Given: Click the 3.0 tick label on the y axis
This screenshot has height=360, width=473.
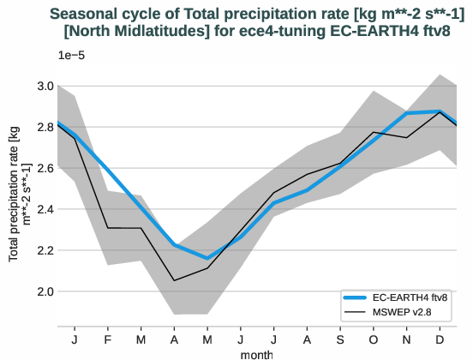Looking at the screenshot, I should (x=45, y=86).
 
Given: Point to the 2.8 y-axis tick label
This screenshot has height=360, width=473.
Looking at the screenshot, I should (x=45, y=127).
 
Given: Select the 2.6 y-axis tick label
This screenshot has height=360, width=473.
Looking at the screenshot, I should (x=45, y=168).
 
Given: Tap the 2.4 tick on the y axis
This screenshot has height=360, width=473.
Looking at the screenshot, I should (x=45, y=209).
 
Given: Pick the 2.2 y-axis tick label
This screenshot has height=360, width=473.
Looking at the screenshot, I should (x=45, y=250).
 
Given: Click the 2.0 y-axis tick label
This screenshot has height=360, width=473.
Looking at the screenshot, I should (x=45, y=291).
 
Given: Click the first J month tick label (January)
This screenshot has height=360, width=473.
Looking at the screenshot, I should (x=75, y=339).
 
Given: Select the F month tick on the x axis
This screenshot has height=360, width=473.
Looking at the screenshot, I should (x=108, y=339).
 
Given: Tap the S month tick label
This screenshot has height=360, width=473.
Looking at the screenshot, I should (x=339, y=339).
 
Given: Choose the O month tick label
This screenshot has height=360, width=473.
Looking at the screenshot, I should (x=373, y=339).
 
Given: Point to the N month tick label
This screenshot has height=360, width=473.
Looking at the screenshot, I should (x=406, y=339).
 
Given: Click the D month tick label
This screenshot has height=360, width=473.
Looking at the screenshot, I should (x=440, y=339).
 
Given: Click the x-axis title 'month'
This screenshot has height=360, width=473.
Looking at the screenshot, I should (x=257, y=353).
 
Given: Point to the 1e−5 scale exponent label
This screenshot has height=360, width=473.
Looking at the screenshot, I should (x=71, y=55).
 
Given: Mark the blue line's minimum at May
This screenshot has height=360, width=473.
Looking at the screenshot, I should (x=207, y=258).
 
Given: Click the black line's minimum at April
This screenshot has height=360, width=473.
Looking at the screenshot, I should (x=174, y=280).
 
